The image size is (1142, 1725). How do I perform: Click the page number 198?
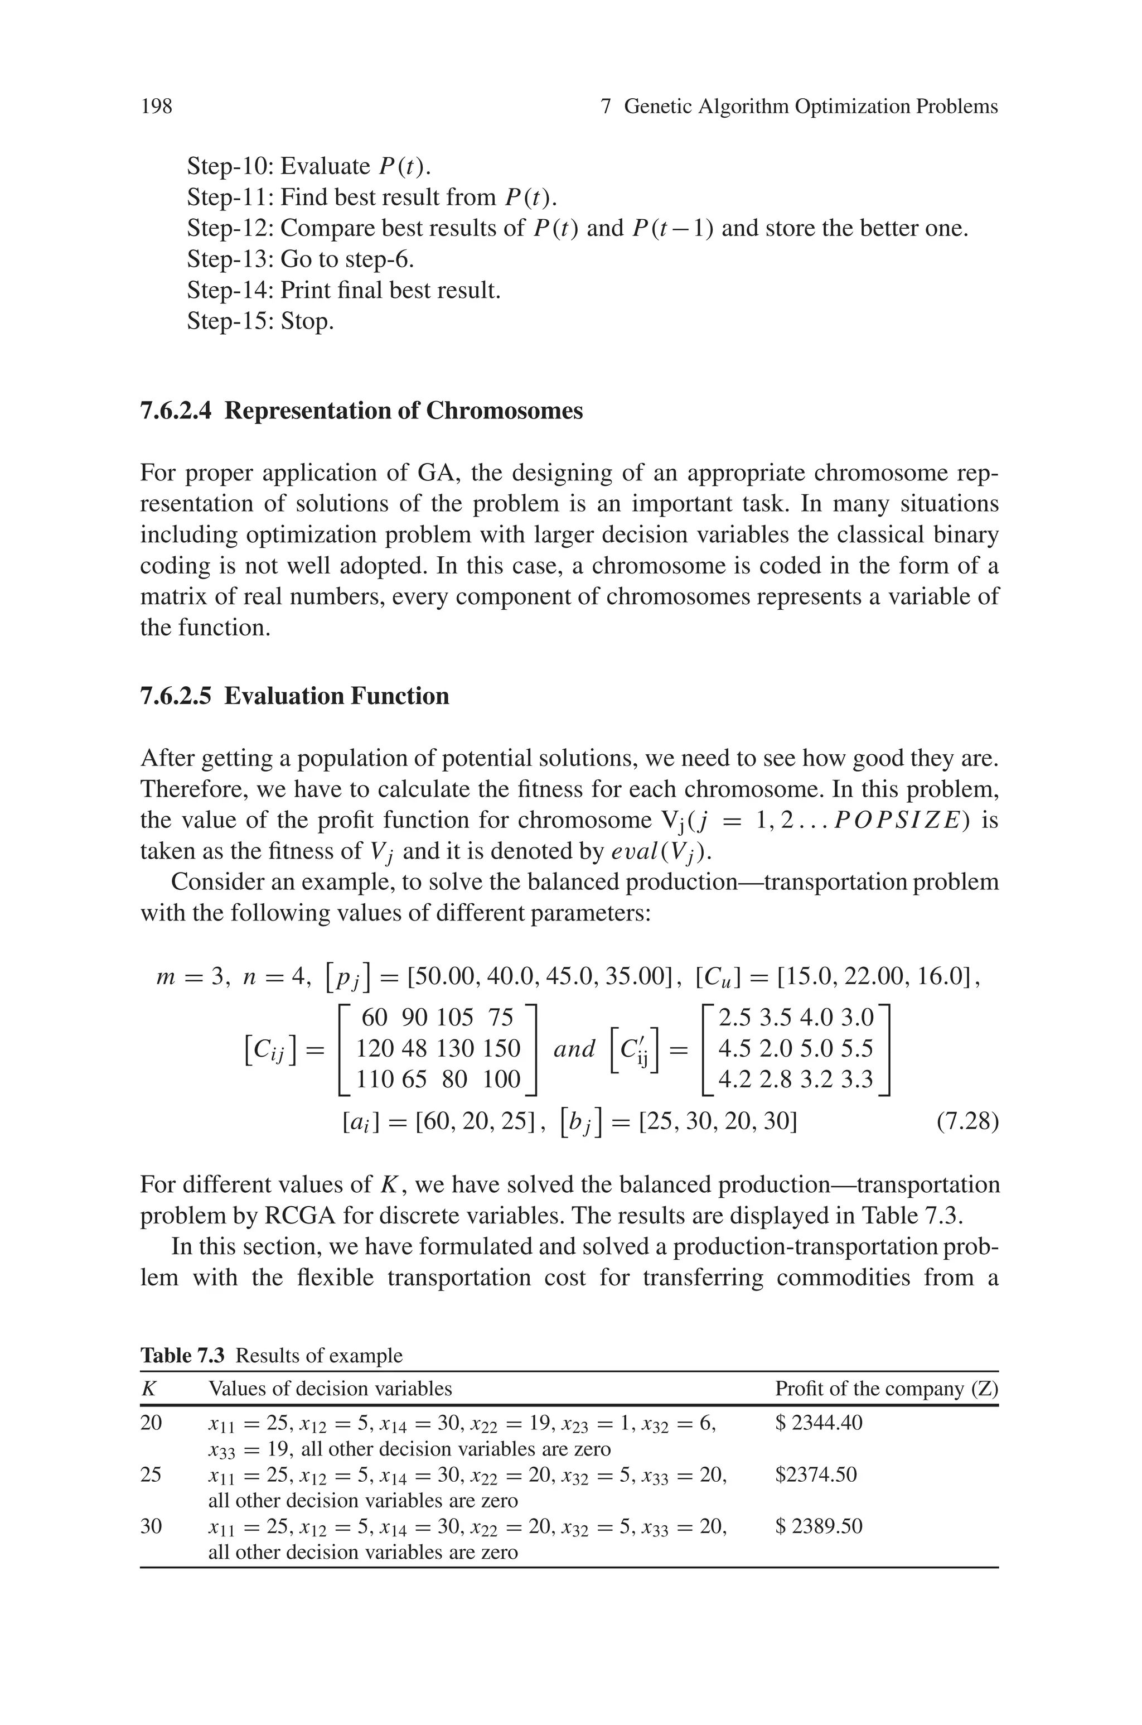pyautogui.click(x=157, y=107)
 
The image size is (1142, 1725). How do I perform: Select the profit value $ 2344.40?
pyautogui.click(x=819, y=1422)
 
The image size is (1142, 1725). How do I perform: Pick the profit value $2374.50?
pyautogui.click(x=816, y=1475)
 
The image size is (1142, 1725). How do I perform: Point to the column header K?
pyautogui.click(x=148, y=1389)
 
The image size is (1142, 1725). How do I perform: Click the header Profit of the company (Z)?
pyautogui.click(x=885, y=1389)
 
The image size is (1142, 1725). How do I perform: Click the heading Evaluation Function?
pyautogui.click(x=336, y=696)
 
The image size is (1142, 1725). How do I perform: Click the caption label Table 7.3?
pyautogui.click(x=182, y=1356)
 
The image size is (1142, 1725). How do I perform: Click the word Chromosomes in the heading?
pyautogui.click(x=504, y=411)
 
